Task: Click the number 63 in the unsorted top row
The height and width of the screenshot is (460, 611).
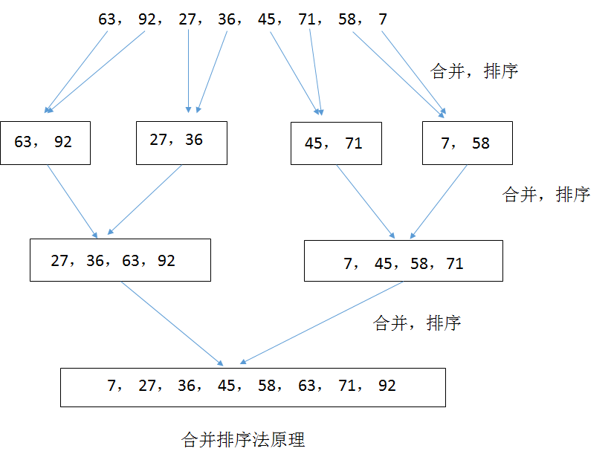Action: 107,19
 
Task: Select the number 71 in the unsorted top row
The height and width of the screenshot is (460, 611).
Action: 306,19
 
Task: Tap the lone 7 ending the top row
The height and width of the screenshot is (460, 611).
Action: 383,19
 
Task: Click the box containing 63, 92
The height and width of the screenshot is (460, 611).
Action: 45,143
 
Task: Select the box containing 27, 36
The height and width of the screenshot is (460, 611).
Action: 181,143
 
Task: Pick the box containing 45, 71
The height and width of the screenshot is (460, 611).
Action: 336,143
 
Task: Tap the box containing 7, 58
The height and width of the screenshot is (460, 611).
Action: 467,143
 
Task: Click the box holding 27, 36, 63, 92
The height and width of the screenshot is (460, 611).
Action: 120,260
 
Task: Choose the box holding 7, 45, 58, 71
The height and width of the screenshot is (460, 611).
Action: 403,261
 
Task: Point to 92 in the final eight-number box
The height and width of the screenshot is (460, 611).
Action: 387,386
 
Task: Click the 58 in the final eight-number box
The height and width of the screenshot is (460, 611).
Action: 266,386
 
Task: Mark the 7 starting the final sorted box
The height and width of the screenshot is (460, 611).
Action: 112,386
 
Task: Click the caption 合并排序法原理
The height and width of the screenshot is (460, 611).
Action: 243,440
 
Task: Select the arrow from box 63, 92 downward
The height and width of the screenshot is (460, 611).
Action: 73,201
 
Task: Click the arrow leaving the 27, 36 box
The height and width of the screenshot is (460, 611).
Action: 145,200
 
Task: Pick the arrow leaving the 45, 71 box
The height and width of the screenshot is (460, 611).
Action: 366,201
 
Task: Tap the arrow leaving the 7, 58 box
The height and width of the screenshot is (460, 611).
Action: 439,201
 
